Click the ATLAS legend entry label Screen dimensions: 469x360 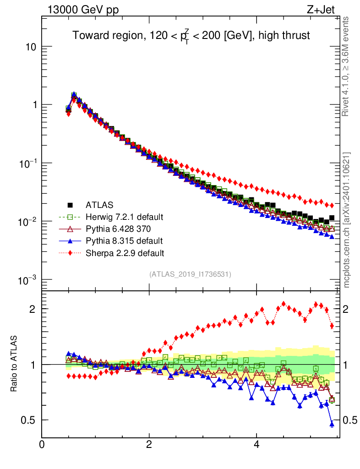[99, 205]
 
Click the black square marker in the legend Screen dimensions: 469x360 [70, 205]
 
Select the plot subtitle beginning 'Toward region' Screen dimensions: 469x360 [191, 36]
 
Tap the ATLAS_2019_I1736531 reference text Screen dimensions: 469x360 [190, 274]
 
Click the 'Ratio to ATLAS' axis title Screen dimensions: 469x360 [14, 365]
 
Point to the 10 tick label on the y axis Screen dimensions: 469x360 [30, 47]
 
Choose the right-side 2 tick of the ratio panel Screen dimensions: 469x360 [349, 309]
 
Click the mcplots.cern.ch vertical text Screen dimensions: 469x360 [347, 220]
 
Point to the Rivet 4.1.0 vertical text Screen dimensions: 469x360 [347, 66]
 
